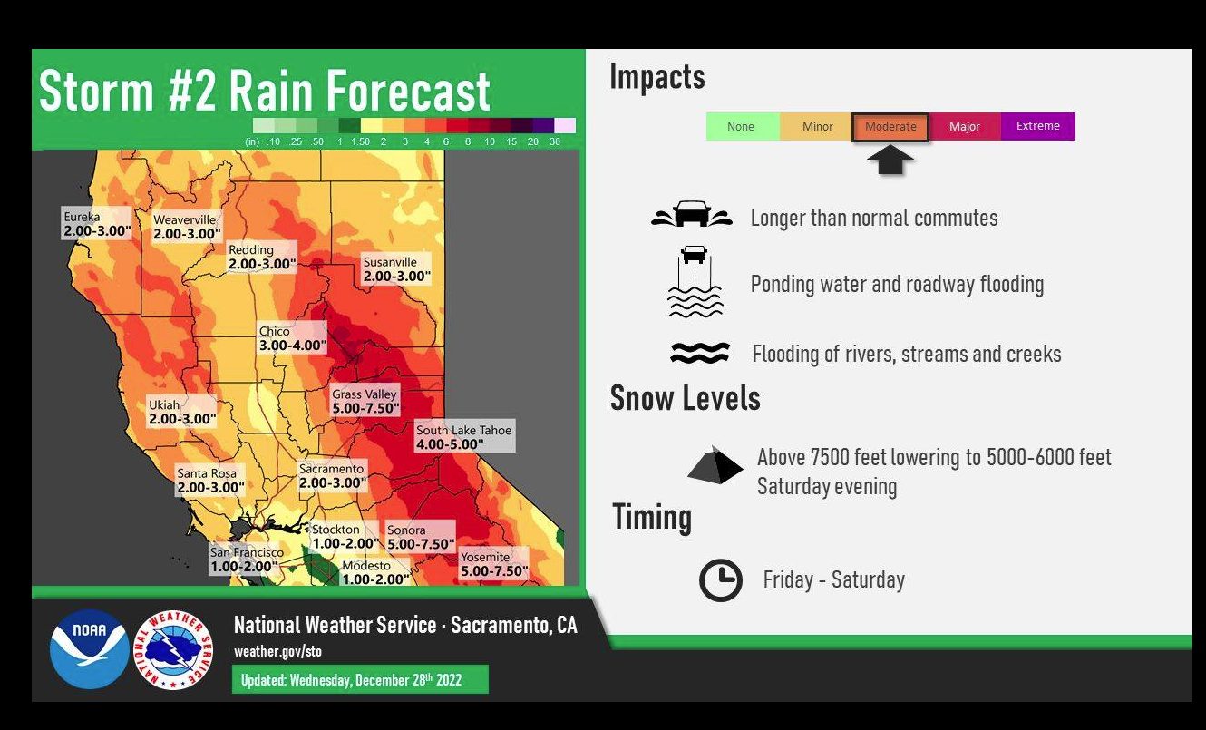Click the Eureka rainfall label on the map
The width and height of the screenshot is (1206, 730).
click(96, 223)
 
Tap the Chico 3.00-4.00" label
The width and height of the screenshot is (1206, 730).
click(292, 338)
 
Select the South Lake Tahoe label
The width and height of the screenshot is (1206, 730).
click(464, 436)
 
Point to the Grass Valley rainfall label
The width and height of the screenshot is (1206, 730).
click(365, 401)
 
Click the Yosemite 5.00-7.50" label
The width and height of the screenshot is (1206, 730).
click(493, 564)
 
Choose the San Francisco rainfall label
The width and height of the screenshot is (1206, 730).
click(246, 560)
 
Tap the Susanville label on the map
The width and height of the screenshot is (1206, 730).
click(396, 268)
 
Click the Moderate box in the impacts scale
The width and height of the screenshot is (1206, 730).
click(890, 127)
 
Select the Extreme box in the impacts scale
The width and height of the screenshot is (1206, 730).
click(1038, 127)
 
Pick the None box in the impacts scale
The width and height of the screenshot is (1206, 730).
click(743, 127)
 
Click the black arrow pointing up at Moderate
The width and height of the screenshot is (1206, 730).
click(890, 160)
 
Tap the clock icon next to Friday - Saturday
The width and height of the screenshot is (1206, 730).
click(720, 579)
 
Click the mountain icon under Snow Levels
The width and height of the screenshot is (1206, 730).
click(715, 465)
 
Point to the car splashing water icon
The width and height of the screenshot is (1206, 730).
click(691, 214)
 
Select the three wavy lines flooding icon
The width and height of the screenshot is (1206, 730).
click(700, 353)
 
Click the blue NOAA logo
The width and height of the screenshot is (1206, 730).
click(90, 649)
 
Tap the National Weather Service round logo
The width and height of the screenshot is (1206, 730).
click(173, 650)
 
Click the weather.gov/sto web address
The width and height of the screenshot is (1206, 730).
click(277, 651)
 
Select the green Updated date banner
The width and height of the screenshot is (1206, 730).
click(360, 679)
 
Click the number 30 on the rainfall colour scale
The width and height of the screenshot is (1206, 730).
click(555, 141)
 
